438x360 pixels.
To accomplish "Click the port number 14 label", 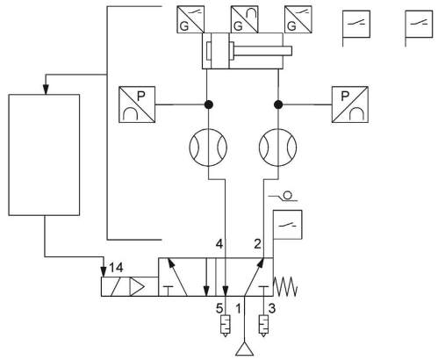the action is click(x=116, y=268).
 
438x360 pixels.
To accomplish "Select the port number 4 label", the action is click(x=219, y=244).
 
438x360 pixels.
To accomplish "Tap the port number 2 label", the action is click(x=257, y=244).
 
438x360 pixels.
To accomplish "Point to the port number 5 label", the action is click(x=219, y=308).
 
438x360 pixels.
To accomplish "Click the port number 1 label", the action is click(x=239, y=308).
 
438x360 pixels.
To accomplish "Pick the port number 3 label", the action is click(x=272, y=308).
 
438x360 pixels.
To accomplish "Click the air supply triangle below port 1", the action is click(x=244, y=349).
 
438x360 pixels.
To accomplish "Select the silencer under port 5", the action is click(x=226, y=326).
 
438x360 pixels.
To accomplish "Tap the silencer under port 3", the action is click(x=263, y=326).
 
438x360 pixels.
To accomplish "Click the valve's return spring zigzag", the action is click(x=285, y=286).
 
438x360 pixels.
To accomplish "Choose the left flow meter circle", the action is click(x=208, y=148).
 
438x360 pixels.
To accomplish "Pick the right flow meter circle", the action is click(x=277, y=148).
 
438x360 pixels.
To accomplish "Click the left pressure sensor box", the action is click(x=137, y=104).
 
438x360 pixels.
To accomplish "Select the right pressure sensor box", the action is click(x=350, y=104).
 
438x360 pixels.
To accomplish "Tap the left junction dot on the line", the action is click(x=208, y=104).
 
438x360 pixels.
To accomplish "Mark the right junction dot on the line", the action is click(x=278, y=104).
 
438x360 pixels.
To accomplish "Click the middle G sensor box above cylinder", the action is click(x=245, y=19).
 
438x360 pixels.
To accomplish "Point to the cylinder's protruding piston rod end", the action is click(x=290, y=51).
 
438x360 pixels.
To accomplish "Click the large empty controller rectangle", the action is click(x=44, y=155).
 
